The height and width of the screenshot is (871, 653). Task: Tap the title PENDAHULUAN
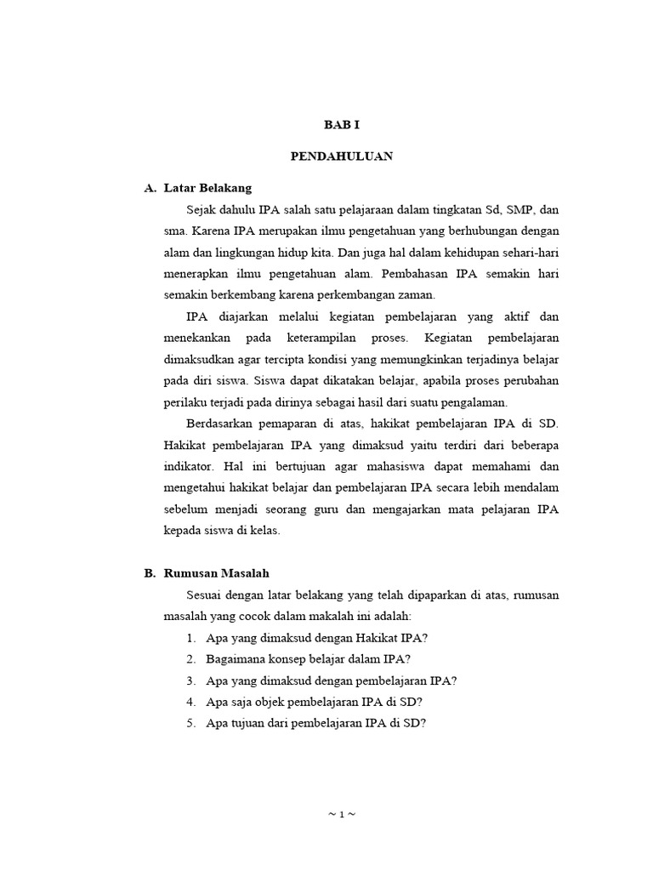[342, 157]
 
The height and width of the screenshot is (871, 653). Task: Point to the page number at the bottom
[341, 814]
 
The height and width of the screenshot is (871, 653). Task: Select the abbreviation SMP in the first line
[519, 210]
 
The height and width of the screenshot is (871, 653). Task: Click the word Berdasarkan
[219, 424]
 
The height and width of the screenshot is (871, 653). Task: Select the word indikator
[191, 467]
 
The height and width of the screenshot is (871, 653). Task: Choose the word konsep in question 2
[284, 659]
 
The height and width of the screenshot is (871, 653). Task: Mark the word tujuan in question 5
[248, 723]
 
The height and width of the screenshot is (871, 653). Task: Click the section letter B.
[150, 573]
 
